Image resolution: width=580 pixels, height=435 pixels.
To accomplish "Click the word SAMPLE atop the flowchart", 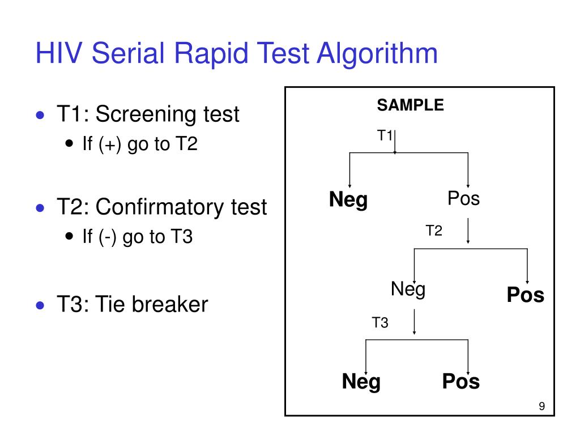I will point(411,105).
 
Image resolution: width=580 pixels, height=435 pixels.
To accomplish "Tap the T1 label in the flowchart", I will point(385,135).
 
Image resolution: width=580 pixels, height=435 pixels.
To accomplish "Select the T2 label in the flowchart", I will point(434,231).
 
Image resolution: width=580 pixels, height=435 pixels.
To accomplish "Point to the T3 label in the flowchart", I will point(379,323).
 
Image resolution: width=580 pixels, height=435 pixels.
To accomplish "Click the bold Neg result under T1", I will point(348,200).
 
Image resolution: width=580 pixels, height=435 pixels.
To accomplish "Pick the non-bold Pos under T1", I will point(463,199).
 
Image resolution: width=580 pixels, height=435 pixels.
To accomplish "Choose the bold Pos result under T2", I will point(525,295).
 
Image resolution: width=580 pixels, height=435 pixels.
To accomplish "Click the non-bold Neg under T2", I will point(408,290).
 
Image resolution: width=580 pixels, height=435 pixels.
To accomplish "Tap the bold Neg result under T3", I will point(361,382).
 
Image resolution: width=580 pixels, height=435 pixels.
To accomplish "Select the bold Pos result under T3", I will point(461,382).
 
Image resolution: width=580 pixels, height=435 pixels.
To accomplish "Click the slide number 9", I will point(542,406).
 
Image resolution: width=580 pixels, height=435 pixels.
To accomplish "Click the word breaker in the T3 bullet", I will point(169,305).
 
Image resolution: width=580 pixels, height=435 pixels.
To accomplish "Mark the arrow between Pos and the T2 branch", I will point(468,232).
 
